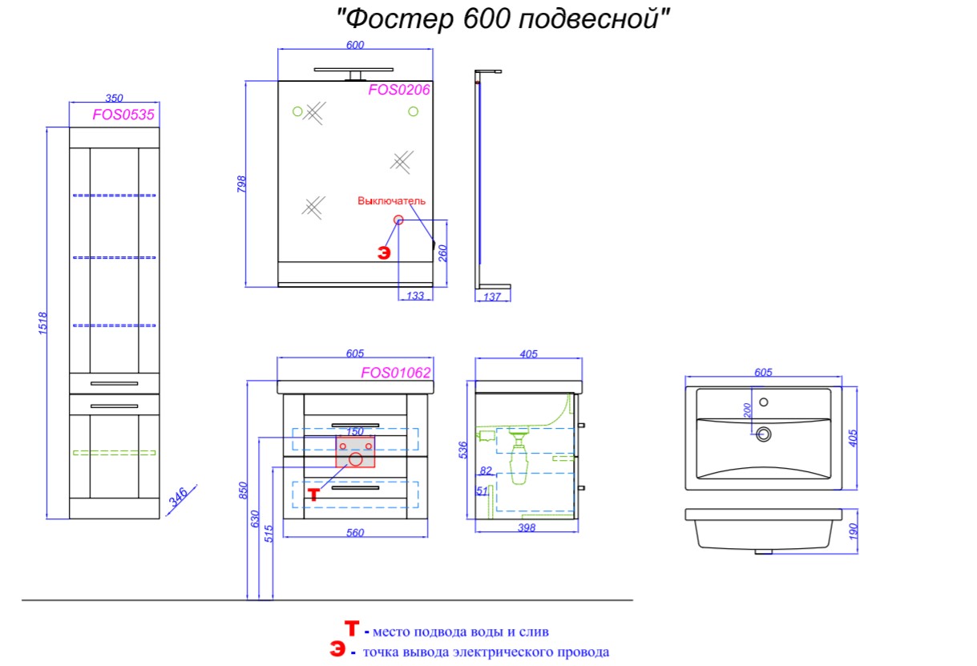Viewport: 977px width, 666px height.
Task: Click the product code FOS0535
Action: point(123,115)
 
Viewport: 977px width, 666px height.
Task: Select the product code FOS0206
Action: point(399,90)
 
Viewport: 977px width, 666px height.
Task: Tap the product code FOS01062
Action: point(396,373)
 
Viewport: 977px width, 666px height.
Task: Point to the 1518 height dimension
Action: point(42,323)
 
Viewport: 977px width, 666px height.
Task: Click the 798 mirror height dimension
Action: point(241,184)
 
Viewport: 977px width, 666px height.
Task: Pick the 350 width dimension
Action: point(115,98)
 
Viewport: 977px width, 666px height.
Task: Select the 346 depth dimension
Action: point(179,497)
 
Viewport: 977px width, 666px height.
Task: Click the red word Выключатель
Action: point(391,201)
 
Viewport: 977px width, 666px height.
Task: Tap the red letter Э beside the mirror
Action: point(384,252)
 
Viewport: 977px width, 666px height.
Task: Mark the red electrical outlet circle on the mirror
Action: point(398,220)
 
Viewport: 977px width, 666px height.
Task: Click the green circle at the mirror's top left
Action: point(297,111)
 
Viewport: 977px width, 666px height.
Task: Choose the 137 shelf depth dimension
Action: point(492,297)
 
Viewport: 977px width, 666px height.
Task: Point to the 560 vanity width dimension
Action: point(355,533)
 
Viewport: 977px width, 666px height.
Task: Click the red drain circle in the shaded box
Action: point(356,459)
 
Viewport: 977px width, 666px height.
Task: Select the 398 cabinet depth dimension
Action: point(527,527)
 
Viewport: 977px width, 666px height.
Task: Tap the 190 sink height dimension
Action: point(854,531)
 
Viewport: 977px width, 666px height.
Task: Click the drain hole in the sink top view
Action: point(763,434)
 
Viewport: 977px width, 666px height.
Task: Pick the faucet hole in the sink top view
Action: point(763,402)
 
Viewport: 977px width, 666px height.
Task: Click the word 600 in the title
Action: point(486,18)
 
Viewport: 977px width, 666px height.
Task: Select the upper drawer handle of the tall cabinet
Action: point(115,384)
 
